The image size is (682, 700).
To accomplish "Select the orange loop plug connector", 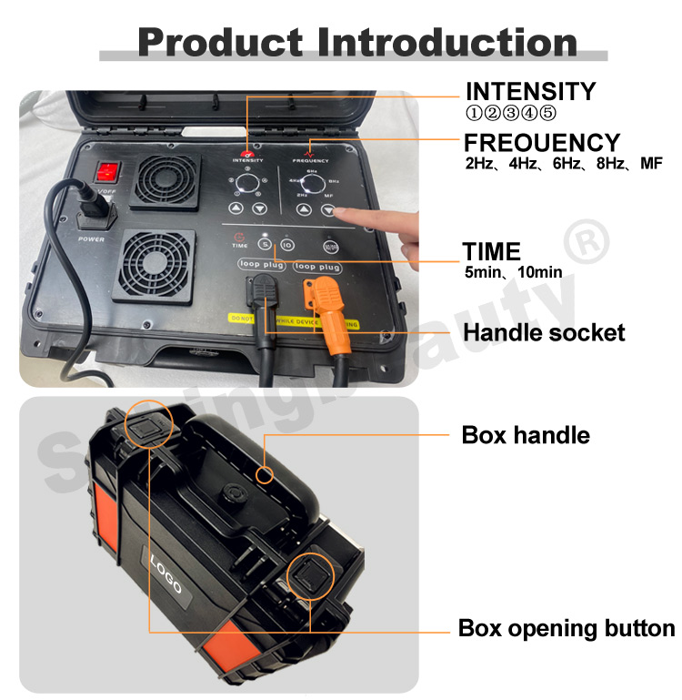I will click(321, 299).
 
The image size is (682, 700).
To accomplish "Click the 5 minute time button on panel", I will click(265, 243).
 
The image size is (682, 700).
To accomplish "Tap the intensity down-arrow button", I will click(260, 208).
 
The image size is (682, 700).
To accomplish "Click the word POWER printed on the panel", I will click(92, 239).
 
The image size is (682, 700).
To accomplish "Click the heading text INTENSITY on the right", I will click(530, 92).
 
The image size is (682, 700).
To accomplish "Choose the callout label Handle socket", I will click(544, 333).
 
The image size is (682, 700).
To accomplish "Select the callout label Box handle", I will click(526, 435).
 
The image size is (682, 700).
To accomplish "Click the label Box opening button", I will click(566, 628).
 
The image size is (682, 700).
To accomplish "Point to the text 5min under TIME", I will click(481, 272).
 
